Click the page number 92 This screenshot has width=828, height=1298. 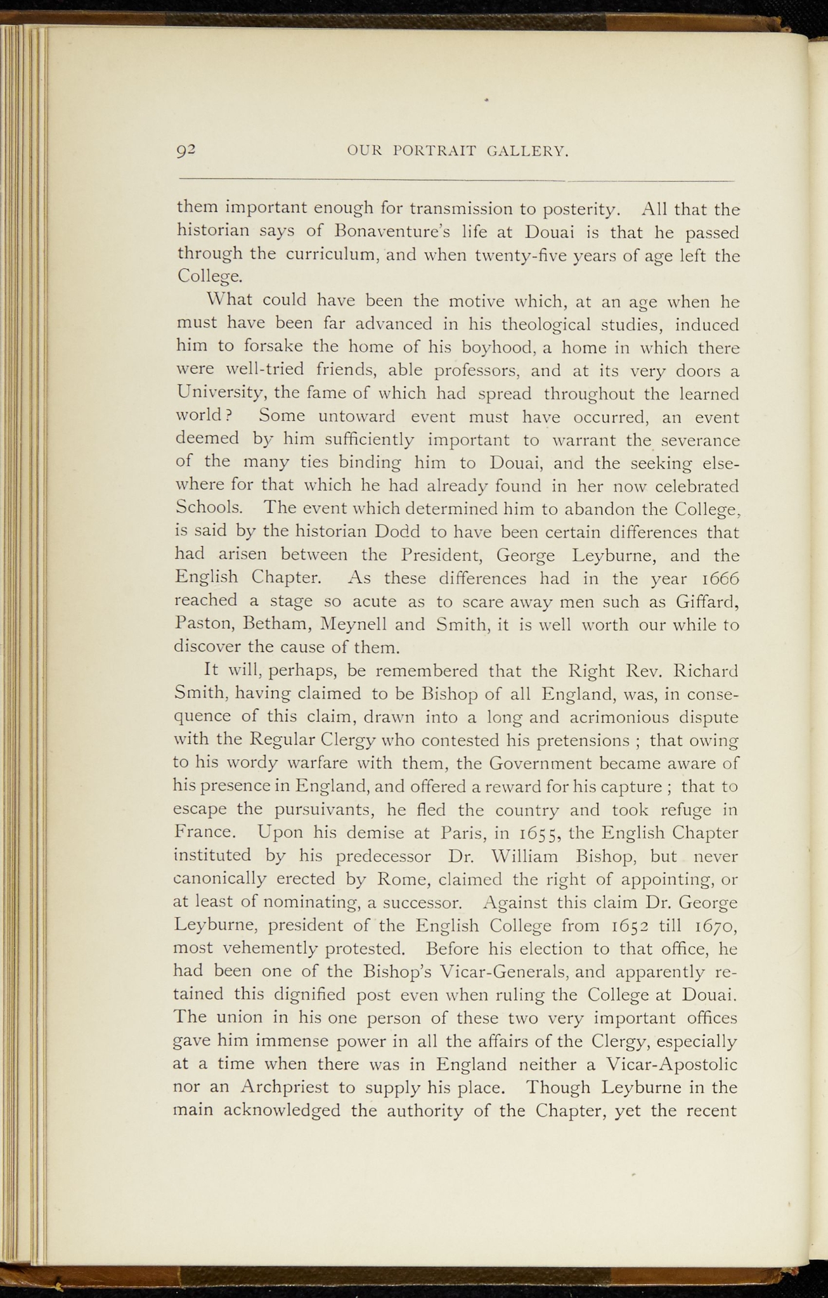[187, 151]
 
